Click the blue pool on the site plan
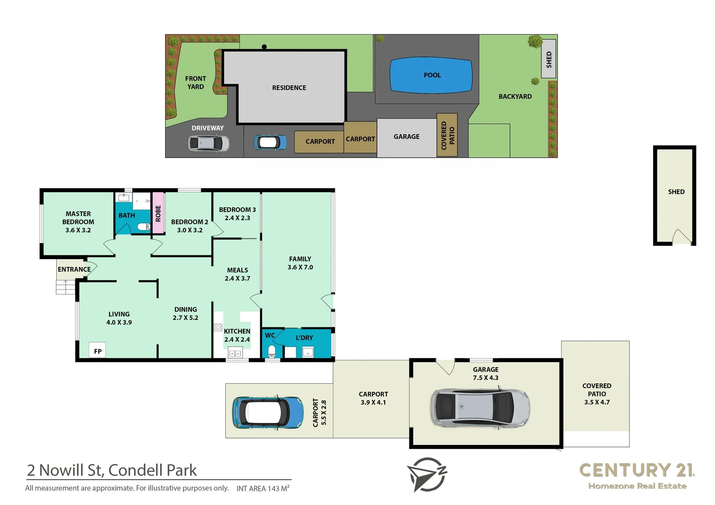[x=431, y=75]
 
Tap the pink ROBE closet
[x=158, y=213]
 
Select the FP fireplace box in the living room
[x=97, y=351]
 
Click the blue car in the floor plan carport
[x=268, y=412]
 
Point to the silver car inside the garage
[x=480, y=407]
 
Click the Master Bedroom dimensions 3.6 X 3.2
[x=78, y=230]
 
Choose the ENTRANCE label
[x=74, y=269]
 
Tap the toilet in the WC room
[x=271, y=351]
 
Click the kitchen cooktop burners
[x=218, y=327]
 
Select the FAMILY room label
[x=300, y=259]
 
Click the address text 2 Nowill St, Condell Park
[x=112, y=470]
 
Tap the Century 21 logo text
[x=636, y=470]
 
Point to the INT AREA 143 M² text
[x=263, y=489]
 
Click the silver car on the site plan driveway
[x=209, y=143]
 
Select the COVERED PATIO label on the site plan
[x=447, y=135]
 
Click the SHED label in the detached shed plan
[x=676, y=192]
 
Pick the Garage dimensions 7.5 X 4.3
[x=485, y=378]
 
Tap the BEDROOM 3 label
[x=237, y=210]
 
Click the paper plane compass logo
[x=426, y=474]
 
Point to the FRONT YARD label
[x=196, y=83]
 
